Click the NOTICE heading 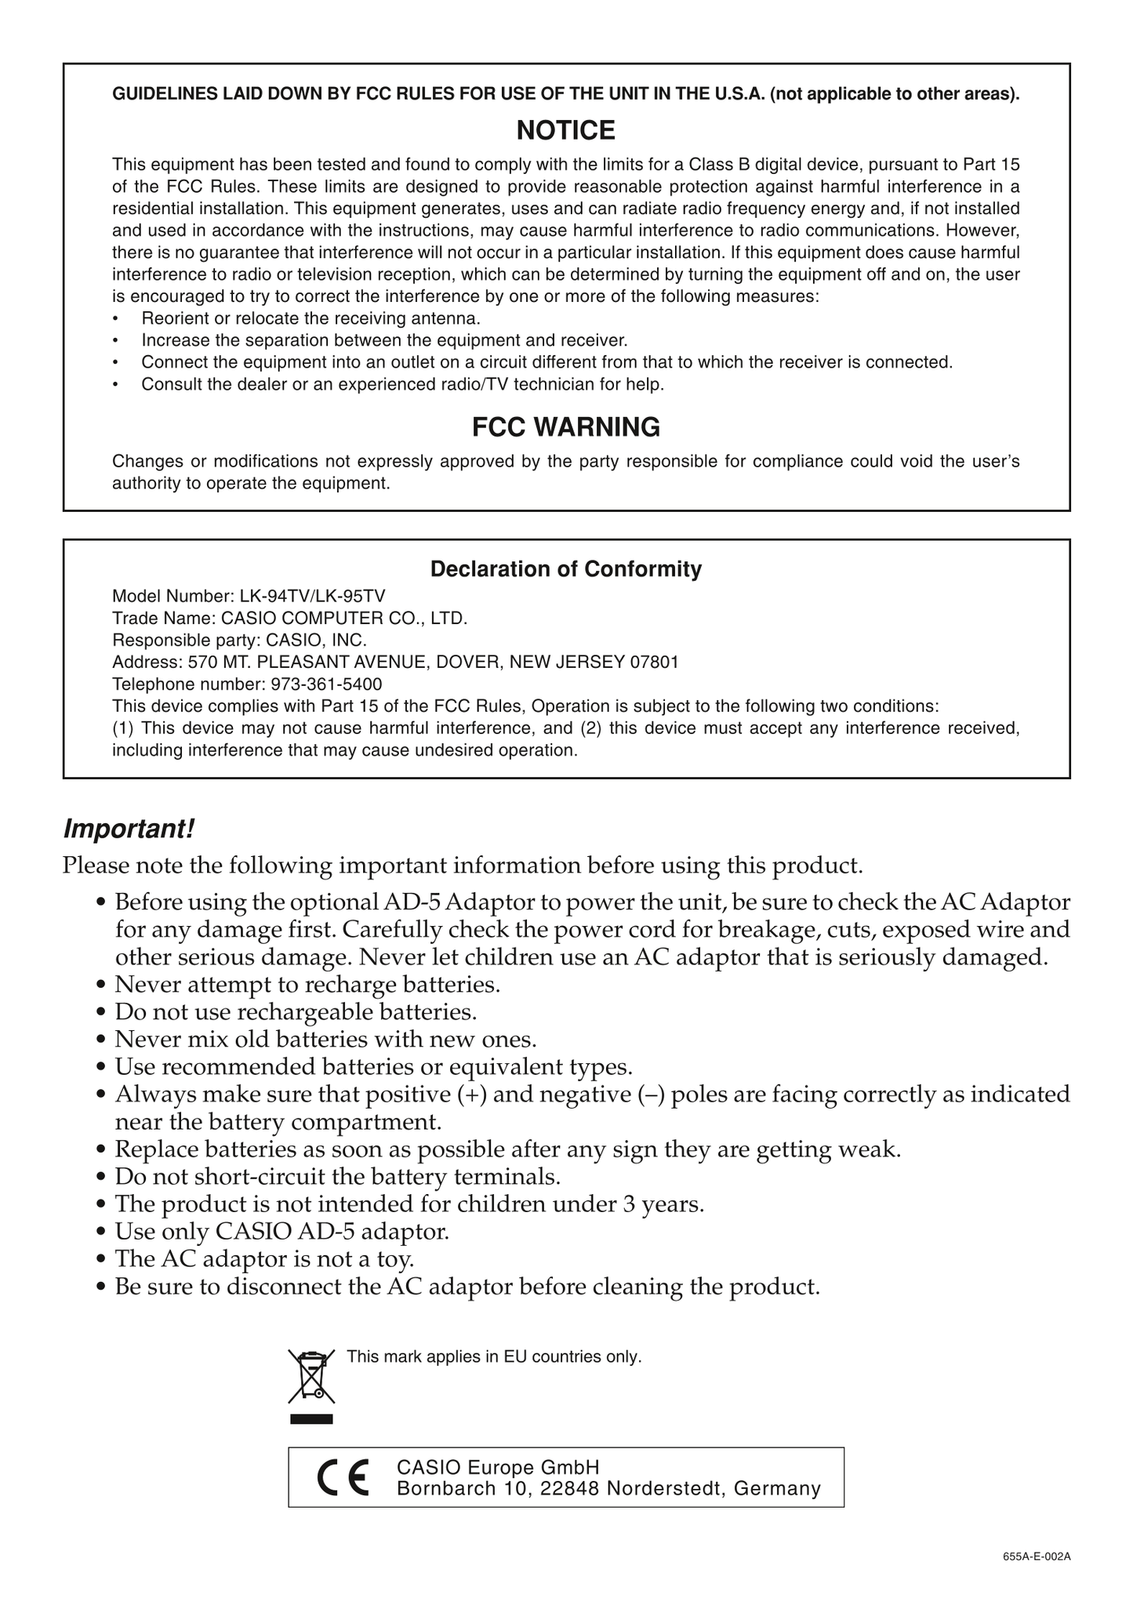click(565, 130)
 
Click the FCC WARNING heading click(565, 427)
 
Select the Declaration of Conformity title click(565, 568)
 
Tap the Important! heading click(128, 828)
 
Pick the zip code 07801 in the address click(654, 662)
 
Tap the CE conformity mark click(343, 1478)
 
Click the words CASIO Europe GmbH click(498, 1467)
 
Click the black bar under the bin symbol click(311, 1418)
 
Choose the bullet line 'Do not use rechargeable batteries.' click(296, 1011)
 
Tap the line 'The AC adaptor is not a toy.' click(264, 1258)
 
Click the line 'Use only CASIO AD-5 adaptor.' click(281, 1231)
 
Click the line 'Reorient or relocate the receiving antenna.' click(310, 319)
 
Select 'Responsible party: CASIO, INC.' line click(239, 640)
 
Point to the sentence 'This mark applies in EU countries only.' click(494, 1356)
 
